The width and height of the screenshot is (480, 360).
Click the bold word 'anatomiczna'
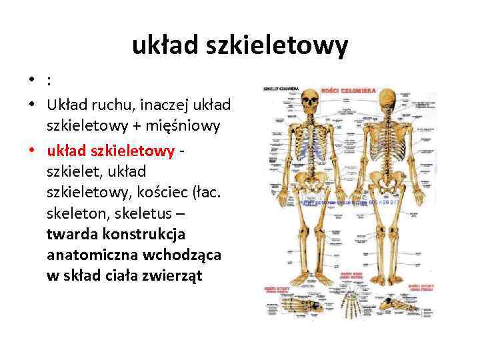pos(88,255)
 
